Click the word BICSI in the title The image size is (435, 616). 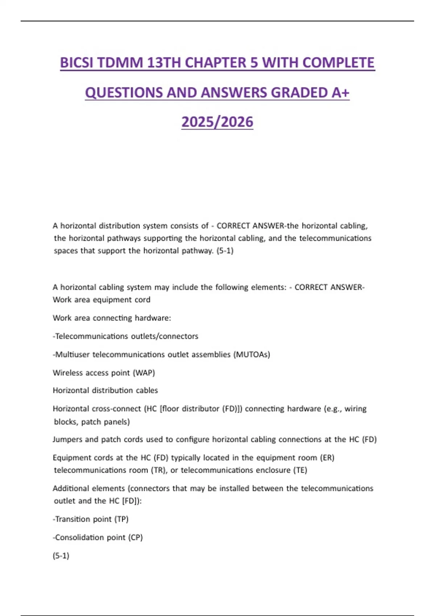76,63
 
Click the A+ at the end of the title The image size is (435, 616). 340,93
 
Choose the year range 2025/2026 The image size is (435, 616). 217,122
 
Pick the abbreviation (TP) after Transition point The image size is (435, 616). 121,519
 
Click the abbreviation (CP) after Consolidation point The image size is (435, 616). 136,537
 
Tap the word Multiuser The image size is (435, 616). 72,354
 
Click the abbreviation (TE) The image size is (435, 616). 300,470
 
